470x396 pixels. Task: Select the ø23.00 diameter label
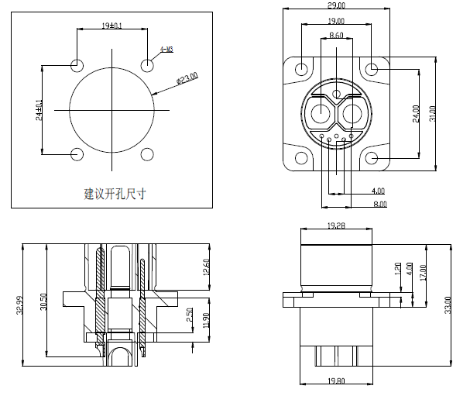click(187, 77)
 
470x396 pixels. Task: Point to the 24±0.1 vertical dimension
click(39, 109)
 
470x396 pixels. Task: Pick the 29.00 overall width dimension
click(336, 5)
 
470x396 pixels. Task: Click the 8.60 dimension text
click(336, 36)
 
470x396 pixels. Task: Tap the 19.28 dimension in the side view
click(336, 226)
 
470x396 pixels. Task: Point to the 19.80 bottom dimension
click(336, 381)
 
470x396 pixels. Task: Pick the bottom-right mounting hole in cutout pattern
click(147, 154)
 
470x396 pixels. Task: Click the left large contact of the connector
click(321, 115)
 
